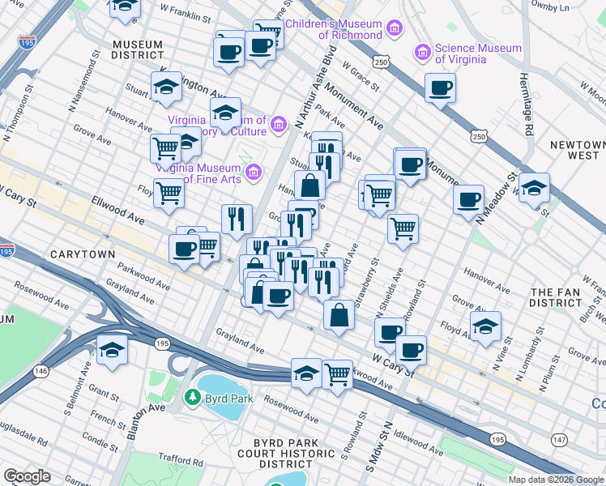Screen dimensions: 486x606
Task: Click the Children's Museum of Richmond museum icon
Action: [x=395, y=30]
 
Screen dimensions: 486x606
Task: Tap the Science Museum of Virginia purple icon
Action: [x=422, y=53]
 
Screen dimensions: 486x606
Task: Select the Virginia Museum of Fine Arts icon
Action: [x=254, y=172]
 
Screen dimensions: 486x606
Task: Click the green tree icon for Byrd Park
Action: [x=193, y=398]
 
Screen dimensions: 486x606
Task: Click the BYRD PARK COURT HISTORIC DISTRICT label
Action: [x=288, y=453]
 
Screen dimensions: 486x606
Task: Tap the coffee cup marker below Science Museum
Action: [x=440, y=88]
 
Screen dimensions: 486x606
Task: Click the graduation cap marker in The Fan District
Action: [x=484, y=327]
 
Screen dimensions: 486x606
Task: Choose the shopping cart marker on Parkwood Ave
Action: [x=337, y=374]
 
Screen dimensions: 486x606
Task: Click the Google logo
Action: [x=27, y=476]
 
